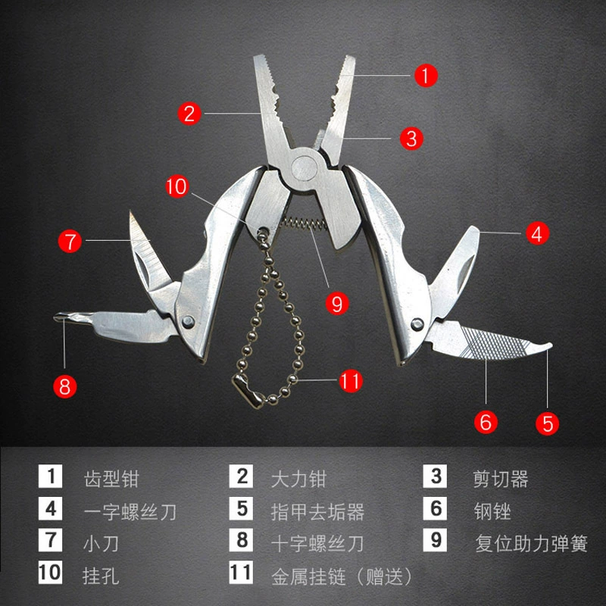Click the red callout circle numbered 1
426,75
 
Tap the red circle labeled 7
70,241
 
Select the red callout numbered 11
351,381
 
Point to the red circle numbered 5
548,423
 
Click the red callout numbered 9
337,303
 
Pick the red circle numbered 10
177,186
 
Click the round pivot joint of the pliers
305,168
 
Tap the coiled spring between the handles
305,224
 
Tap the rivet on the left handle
188,321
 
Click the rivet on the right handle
417,324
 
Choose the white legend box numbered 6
435,508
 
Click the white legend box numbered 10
50,573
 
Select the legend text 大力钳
298,479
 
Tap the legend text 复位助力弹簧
532,544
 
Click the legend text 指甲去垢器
317,511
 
